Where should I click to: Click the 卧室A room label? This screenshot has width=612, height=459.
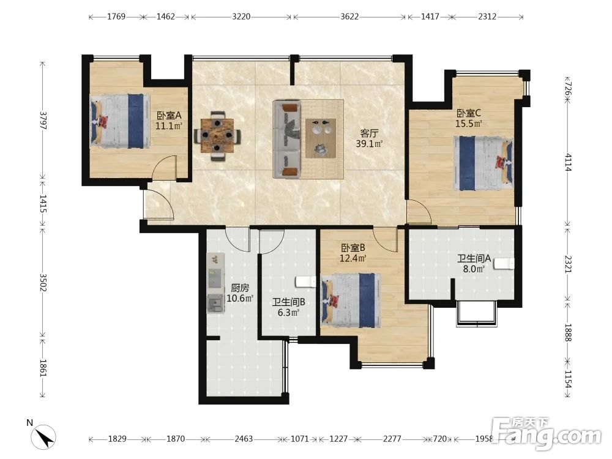[x=169, y=116]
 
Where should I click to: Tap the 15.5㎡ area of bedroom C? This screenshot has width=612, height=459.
[x=469, y=124]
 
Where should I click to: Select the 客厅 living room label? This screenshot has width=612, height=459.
[x=369, y=133]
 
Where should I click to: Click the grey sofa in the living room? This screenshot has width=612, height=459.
[x=287, y=139]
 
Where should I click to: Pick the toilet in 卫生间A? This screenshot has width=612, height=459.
[x=504, y=264]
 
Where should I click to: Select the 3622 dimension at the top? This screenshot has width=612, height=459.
[x=349, y=17]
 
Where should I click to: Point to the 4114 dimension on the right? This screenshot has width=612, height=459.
[x=568, y=162]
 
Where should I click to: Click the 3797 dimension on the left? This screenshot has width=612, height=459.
[x=43, y=121]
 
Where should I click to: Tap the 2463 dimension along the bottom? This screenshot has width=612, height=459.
[x=244, y=439]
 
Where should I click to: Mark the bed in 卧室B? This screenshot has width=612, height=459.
[x=351, y=300]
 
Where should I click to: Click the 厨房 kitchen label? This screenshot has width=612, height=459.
[x=240, y=288]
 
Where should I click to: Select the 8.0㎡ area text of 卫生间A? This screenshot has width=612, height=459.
[x=474, y=269]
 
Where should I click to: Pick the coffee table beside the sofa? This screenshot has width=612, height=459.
[x=321, y=138]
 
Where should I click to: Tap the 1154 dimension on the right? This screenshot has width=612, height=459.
[x=568, y=379]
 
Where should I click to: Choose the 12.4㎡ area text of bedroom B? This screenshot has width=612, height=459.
[x=353, y=258]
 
